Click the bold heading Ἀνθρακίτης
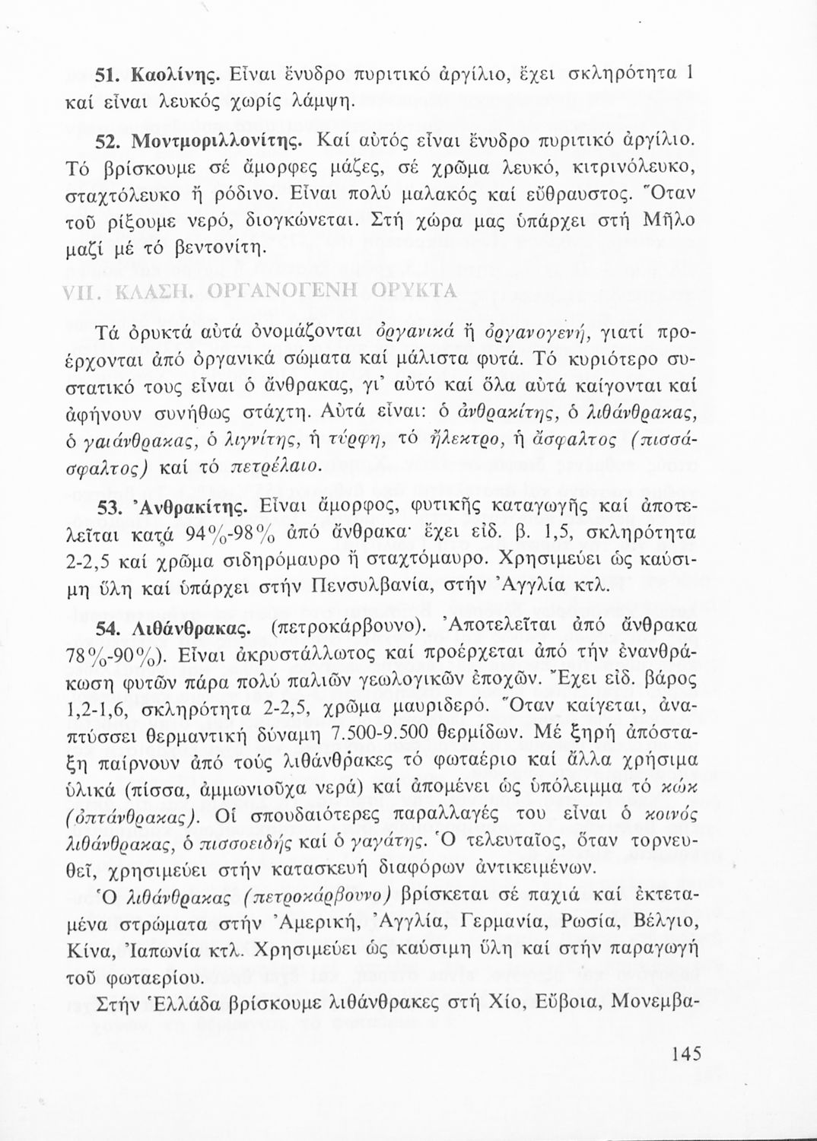(x=172, y=506)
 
